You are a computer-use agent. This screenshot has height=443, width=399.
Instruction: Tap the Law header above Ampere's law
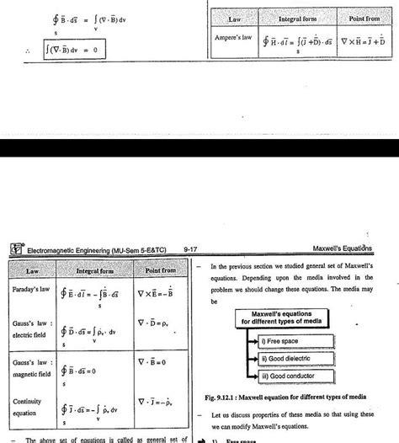(235, 18)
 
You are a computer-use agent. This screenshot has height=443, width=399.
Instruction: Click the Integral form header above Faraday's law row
(95, 270)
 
